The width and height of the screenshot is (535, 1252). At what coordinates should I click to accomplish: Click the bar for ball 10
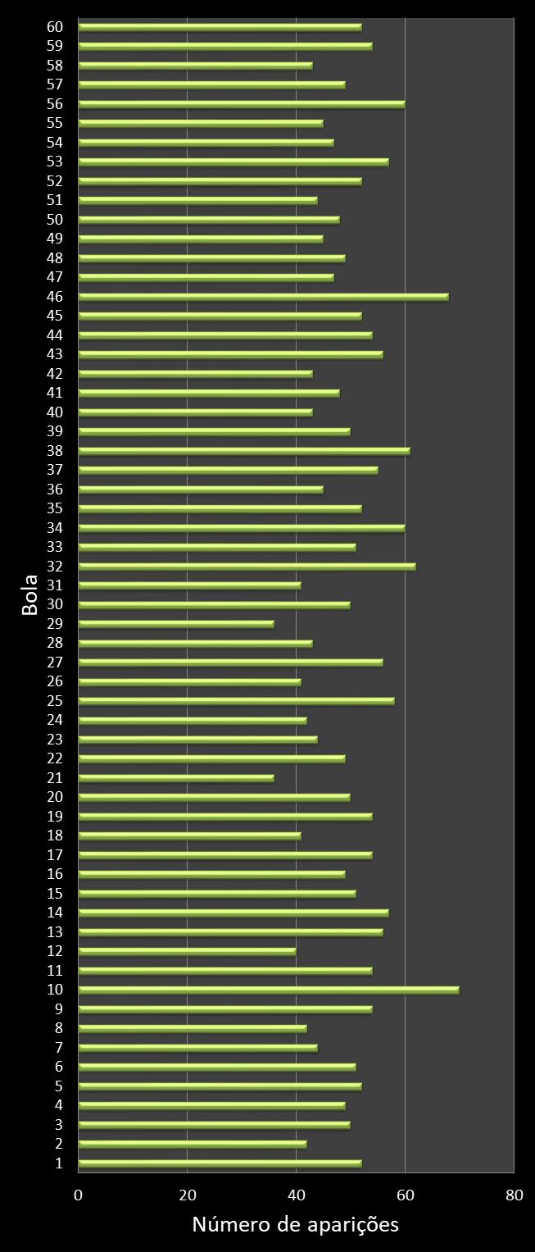[269, 990]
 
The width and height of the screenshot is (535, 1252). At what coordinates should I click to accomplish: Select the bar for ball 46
[263, 296]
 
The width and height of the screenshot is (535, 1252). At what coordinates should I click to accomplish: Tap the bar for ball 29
[176, 624]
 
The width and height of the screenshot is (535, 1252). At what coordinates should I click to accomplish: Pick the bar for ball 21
[176, 778]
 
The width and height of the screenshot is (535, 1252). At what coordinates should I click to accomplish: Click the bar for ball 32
[247, 566]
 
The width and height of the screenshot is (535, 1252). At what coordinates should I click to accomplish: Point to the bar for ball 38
[244, 450]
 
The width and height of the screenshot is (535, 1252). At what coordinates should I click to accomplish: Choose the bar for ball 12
[187, 951]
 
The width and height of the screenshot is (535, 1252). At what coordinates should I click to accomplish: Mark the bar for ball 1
[220, 1163]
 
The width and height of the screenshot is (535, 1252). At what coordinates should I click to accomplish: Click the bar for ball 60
[220, 26]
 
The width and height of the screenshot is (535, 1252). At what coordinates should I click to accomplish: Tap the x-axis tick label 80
[514, 1195]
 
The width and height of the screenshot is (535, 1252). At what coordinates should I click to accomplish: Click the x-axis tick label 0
[79, 1195]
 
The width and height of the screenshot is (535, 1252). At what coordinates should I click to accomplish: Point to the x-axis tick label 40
[296, 1195]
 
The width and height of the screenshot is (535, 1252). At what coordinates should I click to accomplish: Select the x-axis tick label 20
[188, 1195]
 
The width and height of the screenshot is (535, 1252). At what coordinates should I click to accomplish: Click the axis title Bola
[29, 595]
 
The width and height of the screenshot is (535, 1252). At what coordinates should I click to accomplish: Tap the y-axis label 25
[56, 701]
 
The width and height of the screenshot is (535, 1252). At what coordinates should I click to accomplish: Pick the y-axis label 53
[56, 162]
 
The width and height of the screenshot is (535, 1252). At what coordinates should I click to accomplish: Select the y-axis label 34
[56, 527]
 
